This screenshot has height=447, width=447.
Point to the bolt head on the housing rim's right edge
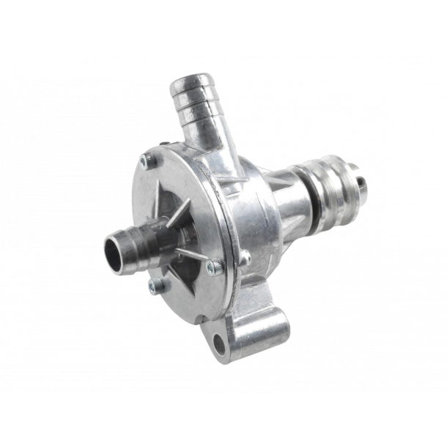tap(245, 256)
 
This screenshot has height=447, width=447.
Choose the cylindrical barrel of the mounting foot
tap(253, 330)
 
